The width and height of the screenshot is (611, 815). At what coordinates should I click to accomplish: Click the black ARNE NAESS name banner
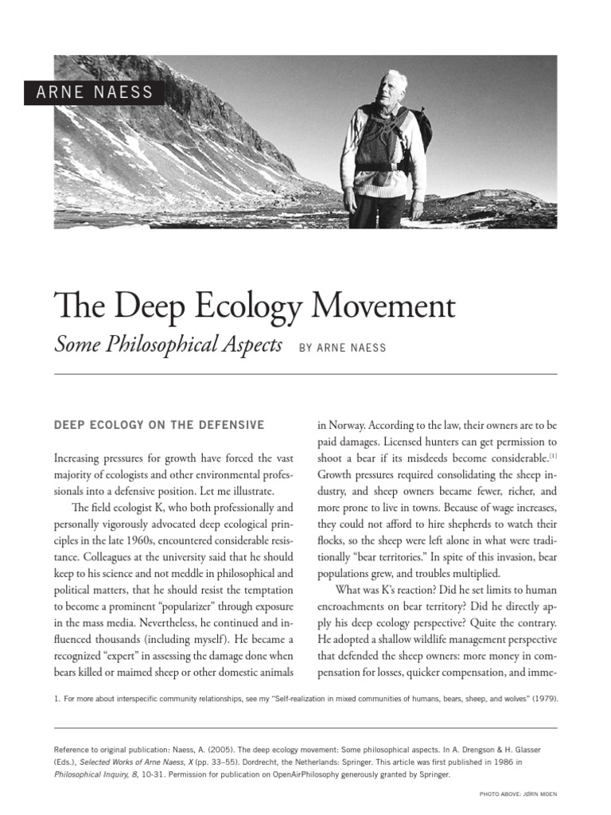tap(94, 93)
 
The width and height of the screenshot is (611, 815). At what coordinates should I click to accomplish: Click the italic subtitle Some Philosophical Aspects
tap(168, 345)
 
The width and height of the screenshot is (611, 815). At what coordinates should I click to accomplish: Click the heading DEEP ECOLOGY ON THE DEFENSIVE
tap(159, 425)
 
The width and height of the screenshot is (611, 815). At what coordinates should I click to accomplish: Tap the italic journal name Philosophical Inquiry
tap(95, 774)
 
